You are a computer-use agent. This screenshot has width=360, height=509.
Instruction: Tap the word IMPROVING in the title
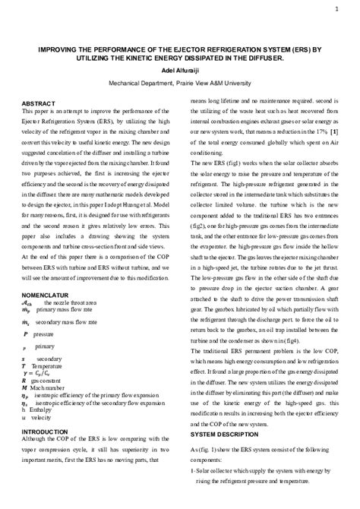pos(61,47)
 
